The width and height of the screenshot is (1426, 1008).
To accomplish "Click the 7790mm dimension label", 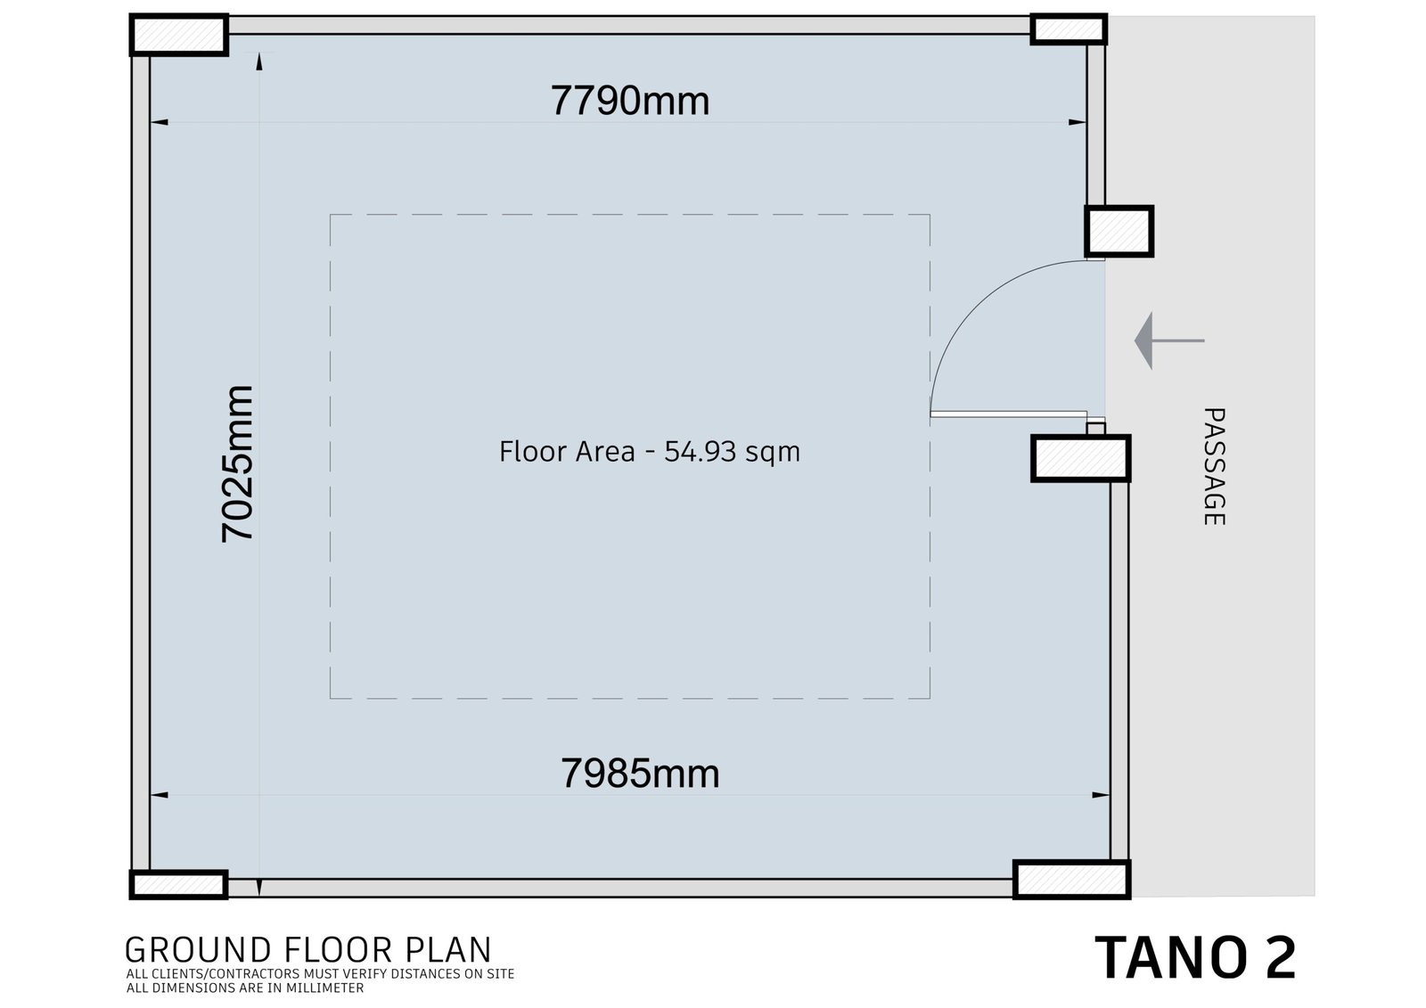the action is pyautogui.click(x=629, y=101).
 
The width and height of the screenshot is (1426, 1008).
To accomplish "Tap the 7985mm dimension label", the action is pyautogui.click(x=640, y=774).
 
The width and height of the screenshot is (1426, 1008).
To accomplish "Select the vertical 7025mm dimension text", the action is pyautogui.click(x=237, y=463).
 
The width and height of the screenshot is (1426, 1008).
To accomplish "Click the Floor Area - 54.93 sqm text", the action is pyautogui.click(x=650, y=452).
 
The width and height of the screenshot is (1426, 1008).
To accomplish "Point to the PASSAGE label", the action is pyautogui.click(x=1214, y=467).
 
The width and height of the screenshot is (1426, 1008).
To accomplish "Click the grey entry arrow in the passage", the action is pyautogui.click(x=1168, y=340).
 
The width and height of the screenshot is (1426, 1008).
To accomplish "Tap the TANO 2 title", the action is pyautogui.click(x=1195, y=957).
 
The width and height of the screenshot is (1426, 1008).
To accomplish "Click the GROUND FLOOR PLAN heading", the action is pyautogui.click(x=308, y=950).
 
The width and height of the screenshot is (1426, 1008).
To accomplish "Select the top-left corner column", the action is pyautogui.click(x=179, y=35).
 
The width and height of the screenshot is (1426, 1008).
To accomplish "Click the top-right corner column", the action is pyautogui.click(x=1069, y=29).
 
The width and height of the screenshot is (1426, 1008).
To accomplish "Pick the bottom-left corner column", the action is pyautogui.click(x=179, y=884).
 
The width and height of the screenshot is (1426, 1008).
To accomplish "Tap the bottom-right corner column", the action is pyautogui.click(x=1072, y=880).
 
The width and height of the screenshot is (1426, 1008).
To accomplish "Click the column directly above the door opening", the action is pyautogui.click(x=1119, y=231).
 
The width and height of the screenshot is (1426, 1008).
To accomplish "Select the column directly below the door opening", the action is pyautogui.click(x=1081, y=458).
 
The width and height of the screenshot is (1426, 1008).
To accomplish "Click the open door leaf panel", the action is pyautogui.click(x=1008, y=414).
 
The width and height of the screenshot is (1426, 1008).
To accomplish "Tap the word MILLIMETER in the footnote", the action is pyautogui.click(x=324, y=988).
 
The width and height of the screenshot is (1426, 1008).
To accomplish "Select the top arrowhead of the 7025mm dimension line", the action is pyautogui.click(x=259, y=61).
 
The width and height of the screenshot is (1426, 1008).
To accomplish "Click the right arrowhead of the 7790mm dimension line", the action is pyautogui.click(x=1078, y=122).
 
